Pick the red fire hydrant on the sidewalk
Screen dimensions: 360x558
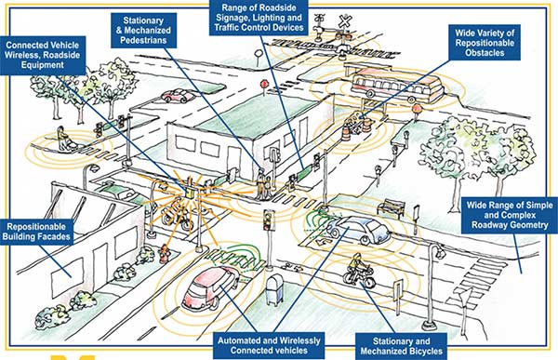[164, 252]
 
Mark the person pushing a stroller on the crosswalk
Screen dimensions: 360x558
[63, 140]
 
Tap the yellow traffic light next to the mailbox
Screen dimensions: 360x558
[269, 221]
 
